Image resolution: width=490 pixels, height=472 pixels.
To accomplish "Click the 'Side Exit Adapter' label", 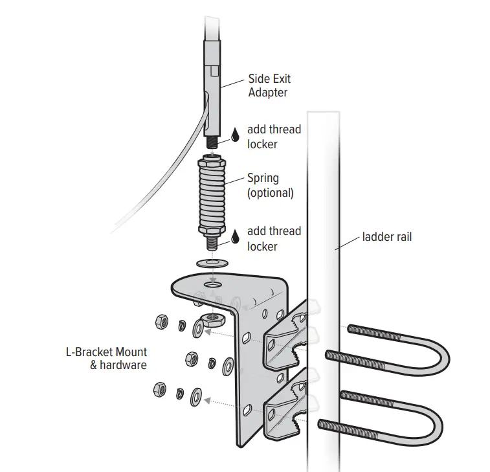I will coord(269,85).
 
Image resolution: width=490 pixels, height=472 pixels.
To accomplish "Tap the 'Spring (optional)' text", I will coord(271,185).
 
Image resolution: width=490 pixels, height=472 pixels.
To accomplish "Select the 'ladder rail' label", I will coord(386,237).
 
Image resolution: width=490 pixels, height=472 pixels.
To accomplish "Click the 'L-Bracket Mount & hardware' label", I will coord(106,359).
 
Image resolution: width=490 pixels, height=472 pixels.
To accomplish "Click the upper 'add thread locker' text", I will coord(274,137).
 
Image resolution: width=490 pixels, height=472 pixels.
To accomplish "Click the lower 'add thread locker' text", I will coord(274,238).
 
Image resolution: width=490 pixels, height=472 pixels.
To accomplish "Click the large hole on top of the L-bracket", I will coord(212,284).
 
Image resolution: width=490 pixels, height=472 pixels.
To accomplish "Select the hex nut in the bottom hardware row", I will coord(157,390).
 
